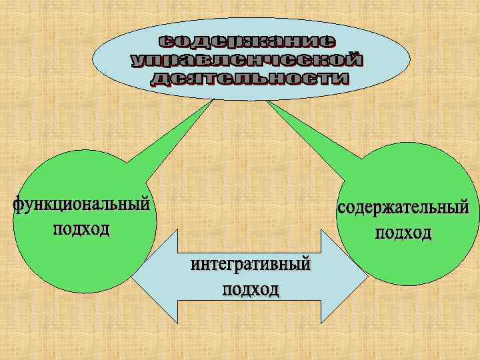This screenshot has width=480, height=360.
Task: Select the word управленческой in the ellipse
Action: (247, 61)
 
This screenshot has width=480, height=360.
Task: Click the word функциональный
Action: (80, 204)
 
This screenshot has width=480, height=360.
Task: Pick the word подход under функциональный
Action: (81, 229)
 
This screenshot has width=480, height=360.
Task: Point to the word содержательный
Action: (403, 208)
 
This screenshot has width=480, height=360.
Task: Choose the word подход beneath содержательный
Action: (403, 233)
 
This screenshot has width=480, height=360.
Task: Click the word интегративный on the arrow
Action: (251, 265)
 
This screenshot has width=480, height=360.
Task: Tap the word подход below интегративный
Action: (251, 290)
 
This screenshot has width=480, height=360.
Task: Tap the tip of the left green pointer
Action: (213, 100)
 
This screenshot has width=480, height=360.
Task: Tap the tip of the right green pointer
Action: (267, 100)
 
